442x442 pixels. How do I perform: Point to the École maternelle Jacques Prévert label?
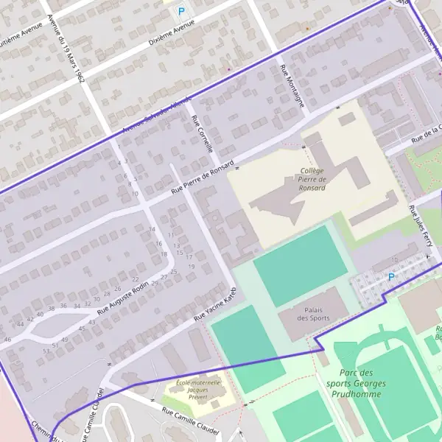[x=198, y=390]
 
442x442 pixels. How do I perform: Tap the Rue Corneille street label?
[x=202, y=133]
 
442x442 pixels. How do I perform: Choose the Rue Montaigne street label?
[x=292, y=85]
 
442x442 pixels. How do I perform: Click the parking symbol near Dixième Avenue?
[x=180, y=12]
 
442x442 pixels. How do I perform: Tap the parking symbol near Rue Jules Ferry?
[x=390, y=277]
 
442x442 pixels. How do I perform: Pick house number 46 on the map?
[x=7, y=339]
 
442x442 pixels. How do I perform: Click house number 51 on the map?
[x=55, y=345]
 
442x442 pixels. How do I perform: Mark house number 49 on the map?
[x=66, y=340]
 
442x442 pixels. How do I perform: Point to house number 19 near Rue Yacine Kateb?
[x=191, y=246]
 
